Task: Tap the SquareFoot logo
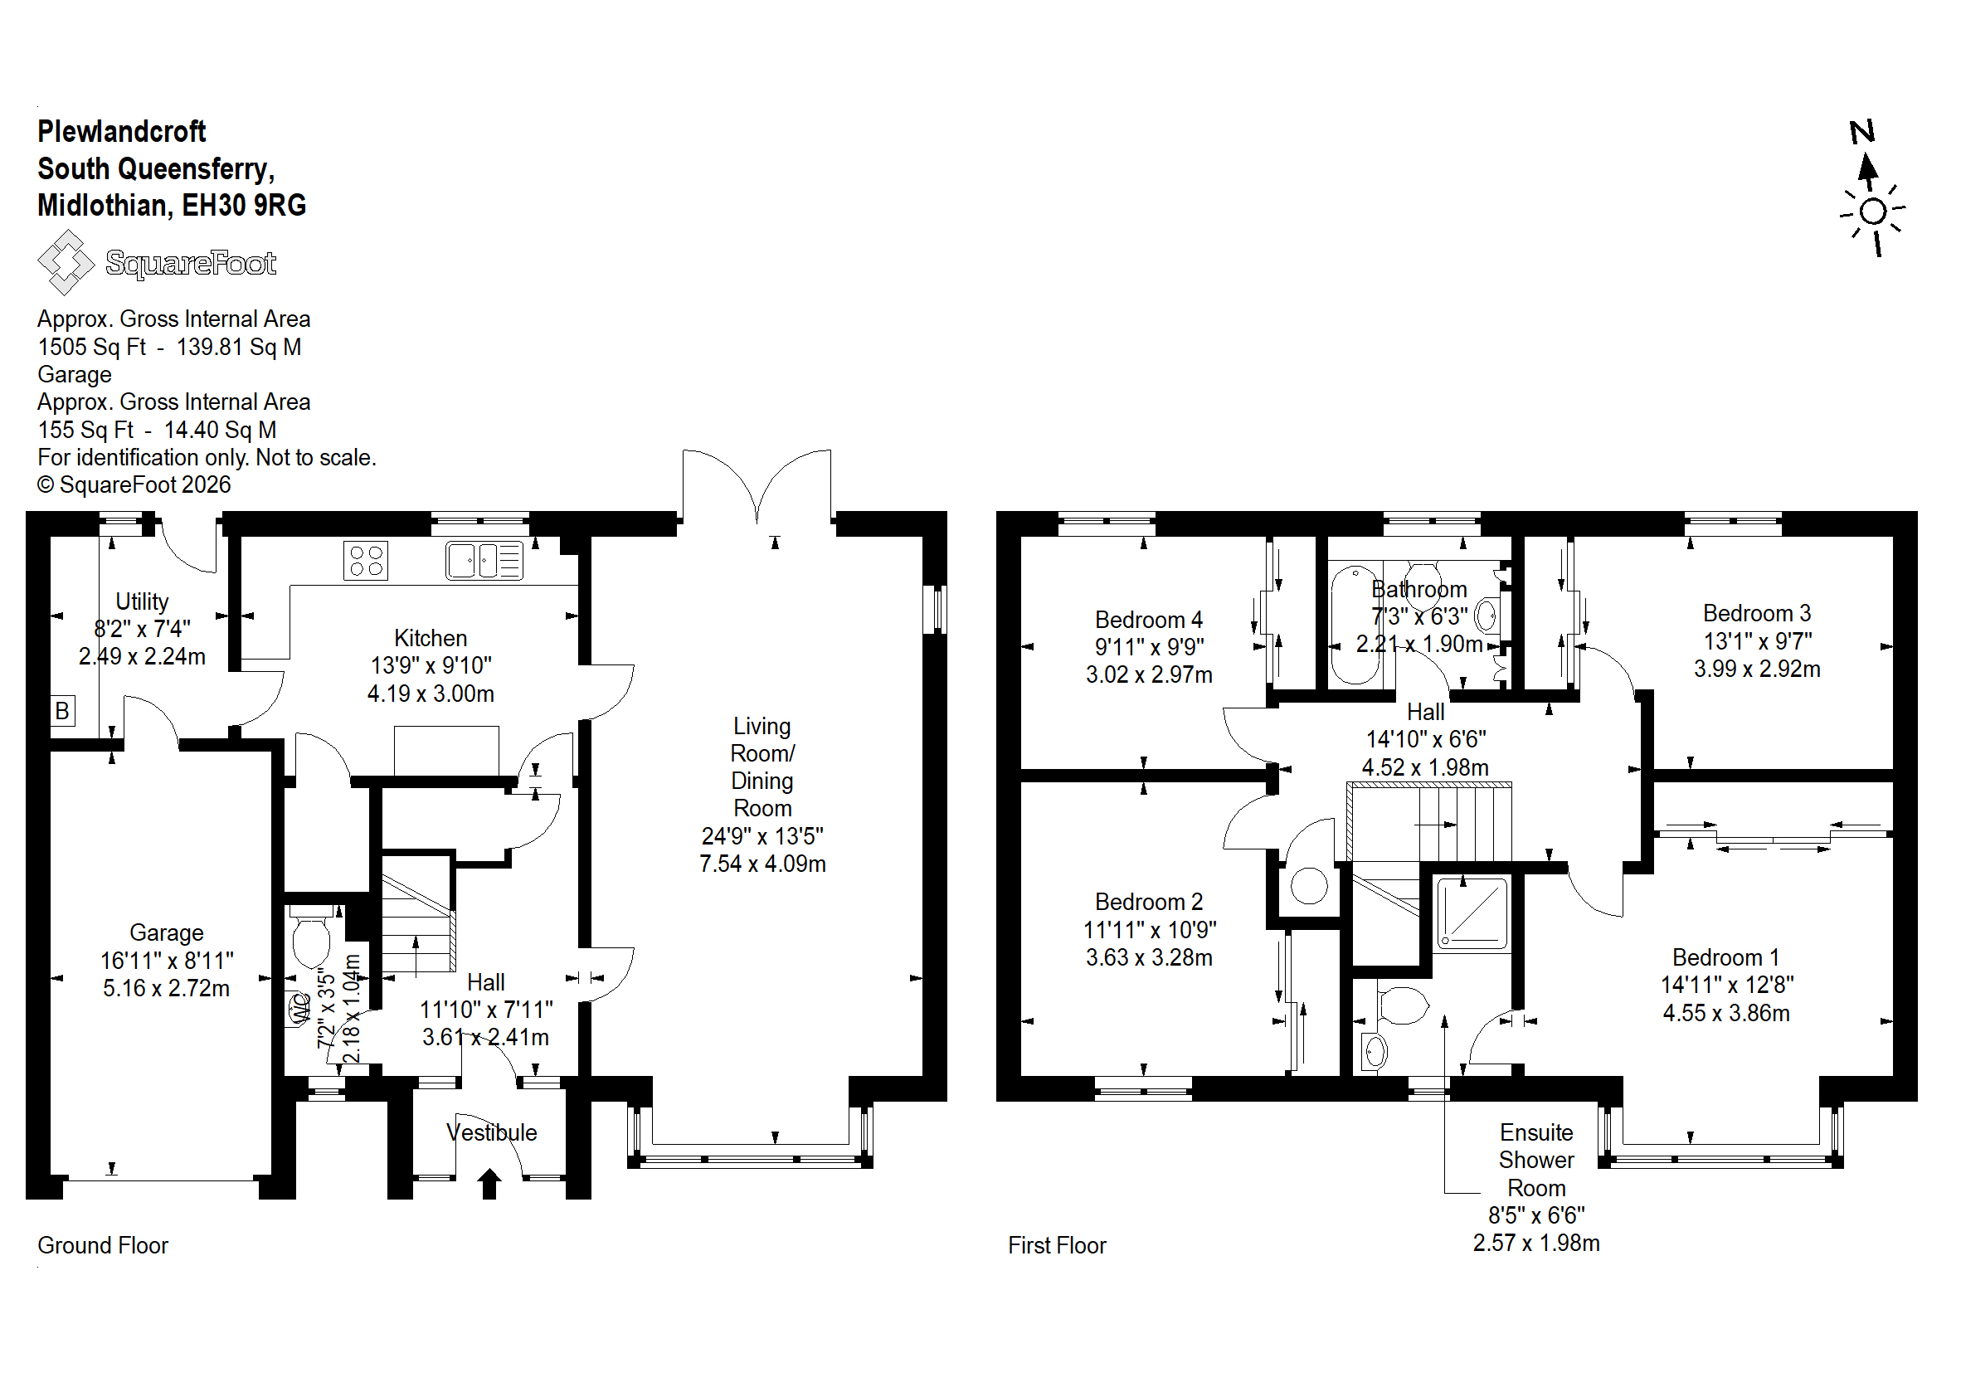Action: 157,262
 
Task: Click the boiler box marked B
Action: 62,711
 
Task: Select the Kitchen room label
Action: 430,638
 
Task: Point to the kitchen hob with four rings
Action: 366,560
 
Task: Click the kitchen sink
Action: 484,560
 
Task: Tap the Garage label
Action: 166,932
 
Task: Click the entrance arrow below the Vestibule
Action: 489,1183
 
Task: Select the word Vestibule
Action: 491,1132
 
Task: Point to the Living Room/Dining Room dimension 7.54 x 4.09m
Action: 762,864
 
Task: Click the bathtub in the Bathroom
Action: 1355,624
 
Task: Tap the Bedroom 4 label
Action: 1148,620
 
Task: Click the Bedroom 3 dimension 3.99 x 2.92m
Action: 1756,669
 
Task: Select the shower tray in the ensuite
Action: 1473,912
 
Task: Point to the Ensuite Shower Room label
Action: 1536,1160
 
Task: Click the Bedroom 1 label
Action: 1725,957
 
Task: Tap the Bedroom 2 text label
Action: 1148,902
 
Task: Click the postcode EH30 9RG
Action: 244,205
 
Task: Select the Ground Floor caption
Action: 102,1244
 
